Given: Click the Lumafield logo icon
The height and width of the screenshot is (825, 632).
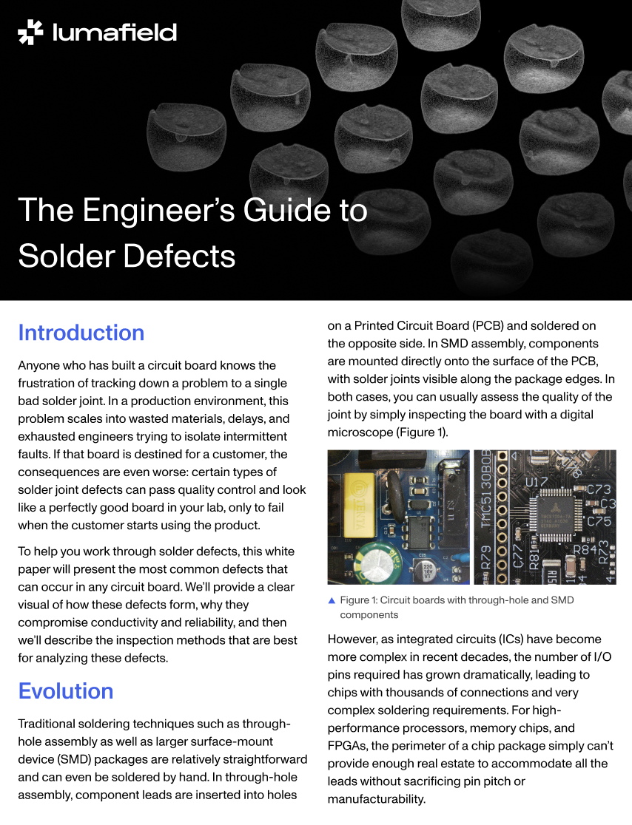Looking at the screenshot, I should coord(30,33).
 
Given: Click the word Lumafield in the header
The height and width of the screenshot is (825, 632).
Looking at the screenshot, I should coord(115,33).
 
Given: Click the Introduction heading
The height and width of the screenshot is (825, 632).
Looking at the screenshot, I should coord(81,333).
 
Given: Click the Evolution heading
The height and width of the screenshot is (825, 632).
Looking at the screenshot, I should coord(65,691).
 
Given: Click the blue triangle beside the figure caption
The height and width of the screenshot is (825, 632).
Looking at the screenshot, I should coord(332,600).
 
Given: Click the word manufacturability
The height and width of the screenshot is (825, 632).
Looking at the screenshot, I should coord(376,799).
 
